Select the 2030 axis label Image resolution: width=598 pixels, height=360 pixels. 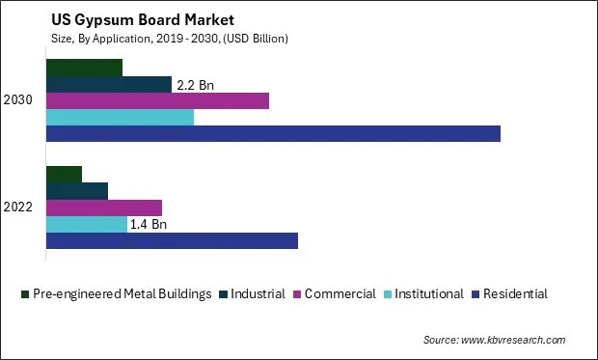click(x=18, y=100)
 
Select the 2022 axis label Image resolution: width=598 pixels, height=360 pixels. click(x=18, y=208)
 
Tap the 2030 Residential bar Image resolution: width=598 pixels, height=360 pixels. click(x=273, y=133)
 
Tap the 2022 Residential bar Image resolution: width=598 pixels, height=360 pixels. click(x=172, y=240)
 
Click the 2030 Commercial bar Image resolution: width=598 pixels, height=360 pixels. click(x=157, y=100)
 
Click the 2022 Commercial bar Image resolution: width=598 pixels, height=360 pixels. click(x=104, y=208)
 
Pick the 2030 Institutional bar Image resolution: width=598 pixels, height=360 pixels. click(x=120, y=117)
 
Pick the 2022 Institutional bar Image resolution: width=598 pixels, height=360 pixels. click(x=87, y=224)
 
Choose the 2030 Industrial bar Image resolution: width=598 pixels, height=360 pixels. click(x=109, y=84)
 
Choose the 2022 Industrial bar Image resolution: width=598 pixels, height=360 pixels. click(x=77, y=191)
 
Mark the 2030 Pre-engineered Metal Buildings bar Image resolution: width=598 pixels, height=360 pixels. click(x=84, y=68)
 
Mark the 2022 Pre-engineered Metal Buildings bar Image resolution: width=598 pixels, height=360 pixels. click(x=64, y=175)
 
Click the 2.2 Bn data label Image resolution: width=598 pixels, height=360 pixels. click(x=194, y=85)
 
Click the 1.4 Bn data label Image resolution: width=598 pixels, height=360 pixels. click(x=149, y=224)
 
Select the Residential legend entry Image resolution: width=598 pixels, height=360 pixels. click(x=514, y=293)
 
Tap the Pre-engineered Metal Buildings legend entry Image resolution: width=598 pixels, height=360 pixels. click(x=122, y=293)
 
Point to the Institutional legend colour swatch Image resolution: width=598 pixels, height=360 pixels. click(x=389, y=294)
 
